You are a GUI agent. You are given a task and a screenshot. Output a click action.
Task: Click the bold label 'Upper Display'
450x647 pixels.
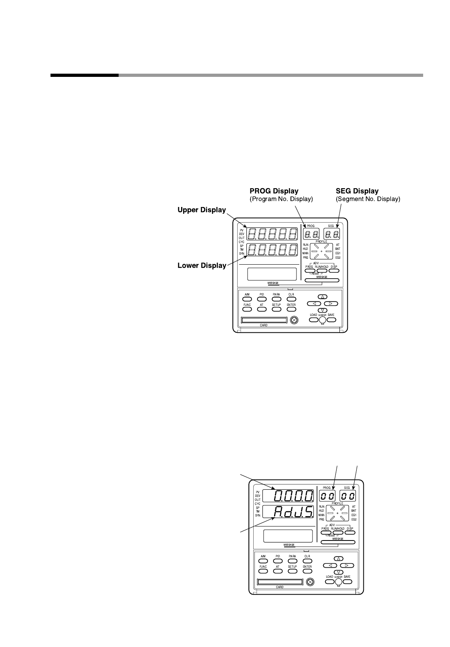[x=202, y=210]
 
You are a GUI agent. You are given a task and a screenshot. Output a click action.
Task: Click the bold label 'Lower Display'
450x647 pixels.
[x=202, y=265]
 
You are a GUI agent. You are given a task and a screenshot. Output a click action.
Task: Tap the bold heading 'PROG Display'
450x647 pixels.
[x=274, y=191]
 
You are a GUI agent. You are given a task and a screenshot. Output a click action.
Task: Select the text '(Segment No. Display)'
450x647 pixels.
[x=367, y=199]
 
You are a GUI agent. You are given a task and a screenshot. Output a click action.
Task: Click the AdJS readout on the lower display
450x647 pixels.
[x=294, y=512]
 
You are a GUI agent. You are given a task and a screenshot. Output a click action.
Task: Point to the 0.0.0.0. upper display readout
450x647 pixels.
[x=294, y=496]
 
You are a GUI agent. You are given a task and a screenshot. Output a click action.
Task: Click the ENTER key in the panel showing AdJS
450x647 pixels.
[x=307, y=571]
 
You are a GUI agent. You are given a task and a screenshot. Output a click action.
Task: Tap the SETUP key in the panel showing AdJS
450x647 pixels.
[x=292, y=571]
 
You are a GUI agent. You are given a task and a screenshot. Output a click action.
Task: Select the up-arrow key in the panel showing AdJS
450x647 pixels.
[x=339, y=559]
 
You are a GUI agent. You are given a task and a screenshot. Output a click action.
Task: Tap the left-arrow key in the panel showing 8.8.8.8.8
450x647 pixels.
[x=314, y=303]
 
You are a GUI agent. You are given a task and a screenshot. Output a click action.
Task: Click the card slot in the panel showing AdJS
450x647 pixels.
[x=280, y=582]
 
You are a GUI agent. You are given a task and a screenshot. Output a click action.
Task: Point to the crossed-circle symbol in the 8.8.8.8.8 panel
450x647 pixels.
[x=294, y=320]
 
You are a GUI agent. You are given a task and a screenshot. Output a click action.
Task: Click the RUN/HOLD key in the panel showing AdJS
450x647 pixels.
[x=338, y=533]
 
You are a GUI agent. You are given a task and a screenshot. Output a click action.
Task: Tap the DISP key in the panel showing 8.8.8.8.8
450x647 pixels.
[x=334, y=271]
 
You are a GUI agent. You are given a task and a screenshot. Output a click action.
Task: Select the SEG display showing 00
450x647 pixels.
[x=348, y=496]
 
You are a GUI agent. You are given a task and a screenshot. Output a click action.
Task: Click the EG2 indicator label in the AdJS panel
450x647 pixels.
[x=354, y=519]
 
